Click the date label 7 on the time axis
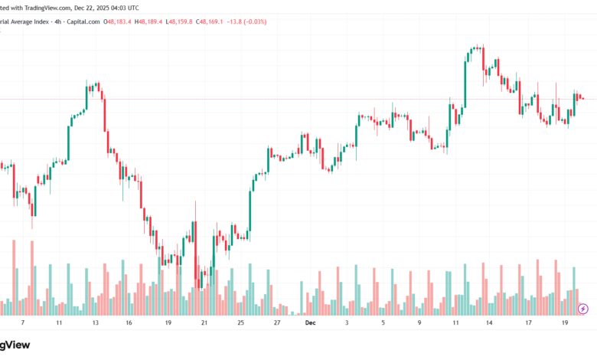23,323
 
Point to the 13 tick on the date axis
95,323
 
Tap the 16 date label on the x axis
129,323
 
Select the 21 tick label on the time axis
204,323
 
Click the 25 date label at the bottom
240,323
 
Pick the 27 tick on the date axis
276,323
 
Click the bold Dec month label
309,323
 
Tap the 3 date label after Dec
347,323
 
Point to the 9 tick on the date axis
419,323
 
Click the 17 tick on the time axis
528,323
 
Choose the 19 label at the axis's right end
564,323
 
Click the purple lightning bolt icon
583,309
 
